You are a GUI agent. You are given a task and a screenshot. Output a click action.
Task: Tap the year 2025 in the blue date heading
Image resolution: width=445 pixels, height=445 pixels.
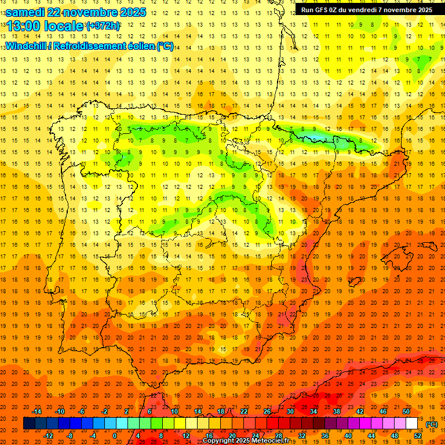click(x=131, y=12)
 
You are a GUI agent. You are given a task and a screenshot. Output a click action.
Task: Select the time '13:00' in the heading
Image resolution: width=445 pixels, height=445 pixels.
click(x=23, y=26)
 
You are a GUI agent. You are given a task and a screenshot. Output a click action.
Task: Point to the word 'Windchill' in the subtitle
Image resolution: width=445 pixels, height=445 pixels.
click(x=27, y=46)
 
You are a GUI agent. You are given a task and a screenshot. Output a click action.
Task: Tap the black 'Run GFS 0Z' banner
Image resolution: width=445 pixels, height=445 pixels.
click(x=366, y=9)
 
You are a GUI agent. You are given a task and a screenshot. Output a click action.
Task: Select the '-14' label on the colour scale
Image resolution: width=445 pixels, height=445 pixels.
click(x=37, y=411)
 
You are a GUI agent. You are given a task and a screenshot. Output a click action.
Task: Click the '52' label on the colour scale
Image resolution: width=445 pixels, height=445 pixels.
click(x=418, y=436)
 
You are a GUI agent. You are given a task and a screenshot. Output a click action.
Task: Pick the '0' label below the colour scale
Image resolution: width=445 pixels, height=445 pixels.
click(x=115, y=436)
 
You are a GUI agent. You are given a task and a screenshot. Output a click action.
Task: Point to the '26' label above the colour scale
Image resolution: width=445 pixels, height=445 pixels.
click(x=267, y=411)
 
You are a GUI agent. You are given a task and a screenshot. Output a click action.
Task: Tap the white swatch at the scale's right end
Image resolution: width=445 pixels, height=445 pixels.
click(x=412, y=424)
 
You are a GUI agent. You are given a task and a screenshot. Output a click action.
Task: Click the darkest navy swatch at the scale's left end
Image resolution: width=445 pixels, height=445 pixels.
click(x=29, y=424)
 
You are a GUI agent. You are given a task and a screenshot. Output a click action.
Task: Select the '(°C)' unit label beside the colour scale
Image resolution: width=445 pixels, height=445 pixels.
click(x=431, y=424)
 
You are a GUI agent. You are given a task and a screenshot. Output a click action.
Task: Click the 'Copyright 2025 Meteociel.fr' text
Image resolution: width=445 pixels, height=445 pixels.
click(x=246, y=441)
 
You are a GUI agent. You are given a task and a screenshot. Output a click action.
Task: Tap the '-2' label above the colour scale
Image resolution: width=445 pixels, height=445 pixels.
click(x=104, y=411)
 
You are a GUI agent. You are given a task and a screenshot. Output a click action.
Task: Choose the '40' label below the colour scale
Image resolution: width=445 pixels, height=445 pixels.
click(x=348, y=436)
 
